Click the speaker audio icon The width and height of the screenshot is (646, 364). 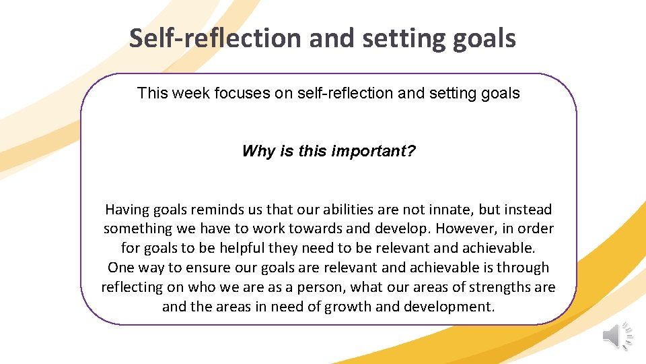pos(617,336)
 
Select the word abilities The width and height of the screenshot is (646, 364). pos(343,210)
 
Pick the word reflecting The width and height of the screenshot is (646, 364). pos(133,287)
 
